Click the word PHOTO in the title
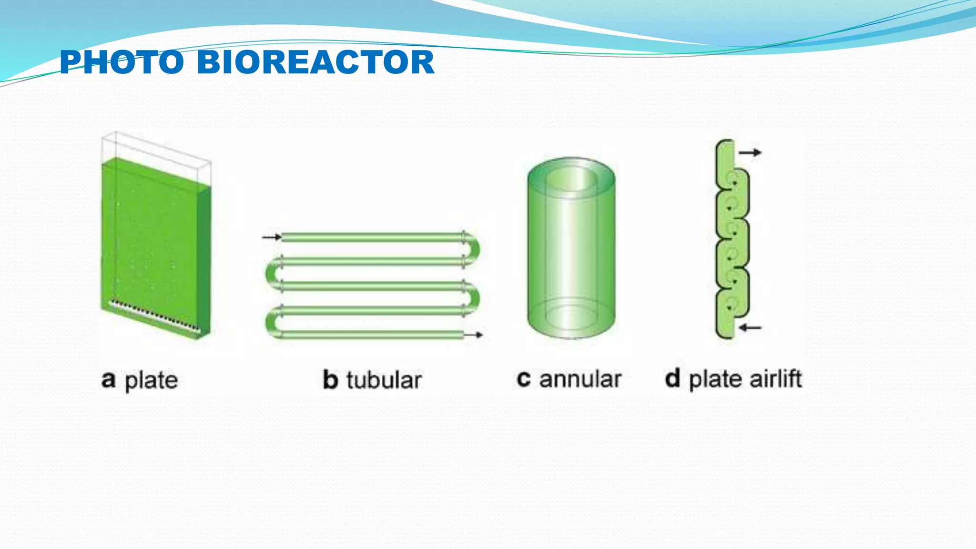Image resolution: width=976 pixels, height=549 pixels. pyautogui.click(x=122, y=62)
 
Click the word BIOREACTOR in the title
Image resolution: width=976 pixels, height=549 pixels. pyautogui.click(x=315, y=62)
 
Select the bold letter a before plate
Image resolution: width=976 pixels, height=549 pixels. pyautogui.click(x=109, y=379)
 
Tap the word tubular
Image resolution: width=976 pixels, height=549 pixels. pyautogui.click(x=384, y=380)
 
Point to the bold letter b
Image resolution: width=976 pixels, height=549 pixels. pyautogui.click(x=330, y=380)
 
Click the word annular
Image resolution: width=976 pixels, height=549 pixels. pyautogui.click(x=580, y=379)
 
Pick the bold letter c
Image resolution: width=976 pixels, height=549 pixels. pyautogui.click(x=523, y=379)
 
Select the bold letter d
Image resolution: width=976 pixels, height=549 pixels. pyautogui.click(x=672, y=379)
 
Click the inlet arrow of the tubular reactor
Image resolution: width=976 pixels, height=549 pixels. pyautogui.click(x=272, y=237)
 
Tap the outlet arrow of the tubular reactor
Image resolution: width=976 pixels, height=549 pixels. pyautogui.click(x=474, y=335)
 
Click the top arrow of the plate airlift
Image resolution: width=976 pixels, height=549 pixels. pyautogui.click(x=751, y=152)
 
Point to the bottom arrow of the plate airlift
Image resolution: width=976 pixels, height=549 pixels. pyautogui.click(x=751, y=327)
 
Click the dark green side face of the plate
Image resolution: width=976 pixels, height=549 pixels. pyautogui.click(x=203, y=262)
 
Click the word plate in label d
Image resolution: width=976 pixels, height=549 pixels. pyautogui.click(x=715, y=380)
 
